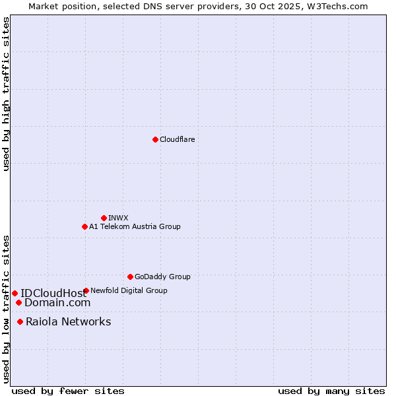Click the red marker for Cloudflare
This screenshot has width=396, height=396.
155,139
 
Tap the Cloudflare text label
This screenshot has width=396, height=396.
177,140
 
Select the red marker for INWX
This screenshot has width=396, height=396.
104,218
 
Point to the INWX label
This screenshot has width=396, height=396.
118,218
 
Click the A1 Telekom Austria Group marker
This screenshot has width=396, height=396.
84,226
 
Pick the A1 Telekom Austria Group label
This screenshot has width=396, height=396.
135,227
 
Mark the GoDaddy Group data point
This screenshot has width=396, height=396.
130,277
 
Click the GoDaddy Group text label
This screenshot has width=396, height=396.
162,277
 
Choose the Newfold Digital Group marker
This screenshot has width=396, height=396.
86,290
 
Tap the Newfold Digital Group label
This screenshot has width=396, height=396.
129,290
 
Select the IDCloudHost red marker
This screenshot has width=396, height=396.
15,293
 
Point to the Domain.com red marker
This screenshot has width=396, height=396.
18,303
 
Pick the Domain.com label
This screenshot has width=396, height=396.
57,303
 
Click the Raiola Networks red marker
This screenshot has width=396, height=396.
20,322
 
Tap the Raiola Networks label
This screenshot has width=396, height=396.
69,322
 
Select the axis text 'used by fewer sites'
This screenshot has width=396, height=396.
68,391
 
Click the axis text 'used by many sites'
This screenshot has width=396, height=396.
331,391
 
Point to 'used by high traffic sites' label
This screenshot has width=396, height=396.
6,94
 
